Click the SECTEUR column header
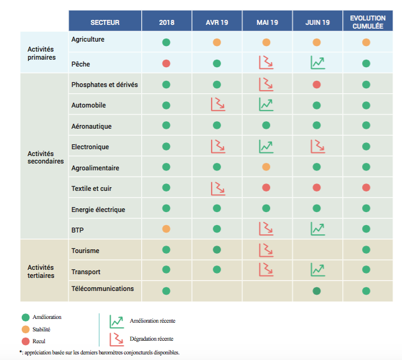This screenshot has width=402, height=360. [105, 22]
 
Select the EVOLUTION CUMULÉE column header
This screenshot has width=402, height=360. [368, 22]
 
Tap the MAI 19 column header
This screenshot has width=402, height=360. [267, 22]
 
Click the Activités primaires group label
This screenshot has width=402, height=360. [42, 53]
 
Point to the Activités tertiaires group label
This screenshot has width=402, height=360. [42, 271]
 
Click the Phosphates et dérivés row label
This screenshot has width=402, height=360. [105, 85]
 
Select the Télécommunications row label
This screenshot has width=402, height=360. [103, 288]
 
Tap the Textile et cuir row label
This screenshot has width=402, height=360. [91, 188]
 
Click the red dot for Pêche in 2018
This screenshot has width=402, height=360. [166, 63]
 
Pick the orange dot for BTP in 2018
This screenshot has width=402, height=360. [166, 229]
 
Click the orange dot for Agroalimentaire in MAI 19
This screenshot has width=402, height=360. [266, 167]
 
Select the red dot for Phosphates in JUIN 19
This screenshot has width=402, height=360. [317, 84]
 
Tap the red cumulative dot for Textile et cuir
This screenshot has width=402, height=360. [367, 188]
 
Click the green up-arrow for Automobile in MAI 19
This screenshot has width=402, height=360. [266, 104]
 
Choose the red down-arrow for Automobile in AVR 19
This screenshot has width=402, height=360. [217, 104]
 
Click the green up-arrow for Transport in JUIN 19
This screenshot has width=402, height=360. [317, 270]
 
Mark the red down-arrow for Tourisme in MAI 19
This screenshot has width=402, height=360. [266, 250]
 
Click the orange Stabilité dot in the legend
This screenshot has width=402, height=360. [25, 331]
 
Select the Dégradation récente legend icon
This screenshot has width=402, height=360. [116, 339]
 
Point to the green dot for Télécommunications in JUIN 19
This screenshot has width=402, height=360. [317, 290]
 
